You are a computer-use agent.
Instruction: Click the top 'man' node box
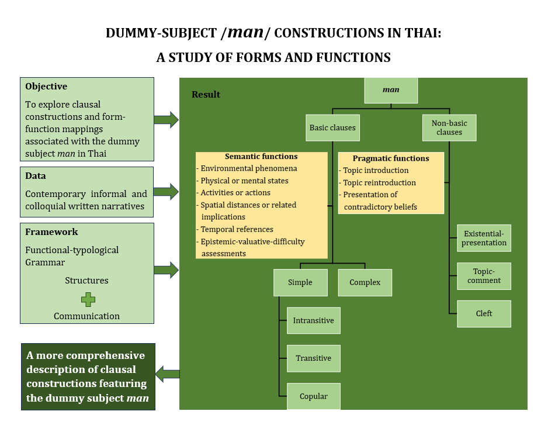(391, 90)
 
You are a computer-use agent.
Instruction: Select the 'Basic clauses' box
(332, 127)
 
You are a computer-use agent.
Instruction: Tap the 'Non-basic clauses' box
(449, 127)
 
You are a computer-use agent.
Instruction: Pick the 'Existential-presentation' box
(484, 238)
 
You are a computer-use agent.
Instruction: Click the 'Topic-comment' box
(484, 276)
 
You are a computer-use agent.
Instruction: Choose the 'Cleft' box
(484, 313)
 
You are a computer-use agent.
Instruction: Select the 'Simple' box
(300, 282)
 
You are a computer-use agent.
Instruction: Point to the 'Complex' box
(365, 282)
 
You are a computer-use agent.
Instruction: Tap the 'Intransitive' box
(314, 320)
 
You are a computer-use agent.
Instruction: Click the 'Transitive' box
(314, 358)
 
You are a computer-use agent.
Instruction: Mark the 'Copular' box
(314, 396)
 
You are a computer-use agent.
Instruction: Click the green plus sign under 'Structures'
(88, 300)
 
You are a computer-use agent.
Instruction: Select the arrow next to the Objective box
(166, 120)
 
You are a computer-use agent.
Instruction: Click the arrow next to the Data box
(166, 191)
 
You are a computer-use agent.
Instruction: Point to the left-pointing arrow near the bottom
(168, 374)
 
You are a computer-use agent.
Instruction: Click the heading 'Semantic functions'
(261, 157)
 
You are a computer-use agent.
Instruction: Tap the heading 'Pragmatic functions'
(391, 158)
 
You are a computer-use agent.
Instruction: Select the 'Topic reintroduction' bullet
(379, 182)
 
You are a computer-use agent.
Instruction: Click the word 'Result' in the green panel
(206, 95)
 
